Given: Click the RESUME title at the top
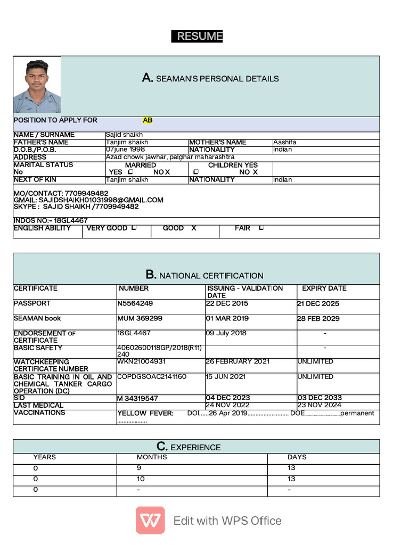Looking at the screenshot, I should [197, 36].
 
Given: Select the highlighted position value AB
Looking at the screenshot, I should [148, 120].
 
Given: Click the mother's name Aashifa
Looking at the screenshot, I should [285, 142].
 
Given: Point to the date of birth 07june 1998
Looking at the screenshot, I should [125, 150].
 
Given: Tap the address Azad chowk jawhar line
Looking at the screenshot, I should [170, 157].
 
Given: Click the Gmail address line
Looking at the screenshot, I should [88, 200].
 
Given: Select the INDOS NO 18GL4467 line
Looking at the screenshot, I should [51, 220].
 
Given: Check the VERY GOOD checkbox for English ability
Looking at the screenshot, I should [134, 228].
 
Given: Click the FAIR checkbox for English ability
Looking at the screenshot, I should [261, 228].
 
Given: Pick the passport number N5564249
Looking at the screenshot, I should [135, 303].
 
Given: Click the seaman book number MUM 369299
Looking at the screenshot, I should [140, 318].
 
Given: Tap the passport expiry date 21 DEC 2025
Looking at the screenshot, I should [318, 303].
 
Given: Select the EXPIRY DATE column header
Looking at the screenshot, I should [324, 288].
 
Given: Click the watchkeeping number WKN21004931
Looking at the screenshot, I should [142, 361].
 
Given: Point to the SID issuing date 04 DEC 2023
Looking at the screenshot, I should [227, 398].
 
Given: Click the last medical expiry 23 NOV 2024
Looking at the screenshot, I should [319, 405].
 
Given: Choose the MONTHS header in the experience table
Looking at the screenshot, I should [152, 457].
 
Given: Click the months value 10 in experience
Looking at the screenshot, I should [141, 479].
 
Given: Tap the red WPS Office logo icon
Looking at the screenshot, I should [150, 520].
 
